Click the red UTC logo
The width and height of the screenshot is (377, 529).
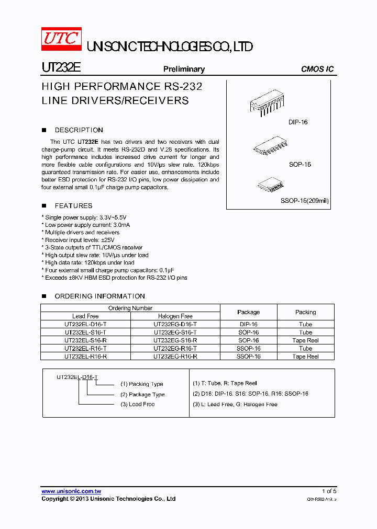click(61, 39)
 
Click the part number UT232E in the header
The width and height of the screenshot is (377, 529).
click(61, 68)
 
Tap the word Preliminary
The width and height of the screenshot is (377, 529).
click(184, 69)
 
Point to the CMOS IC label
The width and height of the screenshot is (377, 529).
click(317, 69)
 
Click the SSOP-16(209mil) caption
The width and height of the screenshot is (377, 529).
click(305, 201)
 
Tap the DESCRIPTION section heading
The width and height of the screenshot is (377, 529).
click(79, 130)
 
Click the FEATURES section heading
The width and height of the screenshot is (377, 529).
click(73, 206)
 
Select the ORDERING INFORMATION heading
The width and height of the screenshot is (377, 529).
click(99, 296)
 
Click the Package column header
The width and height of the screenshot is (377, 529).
click(248, 312)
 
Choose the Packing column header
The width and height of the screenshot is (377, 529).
click(305, 312)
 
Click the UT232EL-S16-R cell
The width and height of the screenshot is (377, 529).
click(85, 340)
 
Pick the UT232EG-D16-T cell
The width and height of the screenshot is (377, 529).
click(175, 324)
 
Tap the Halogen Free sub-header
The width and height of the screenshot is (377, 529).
click(175, 316)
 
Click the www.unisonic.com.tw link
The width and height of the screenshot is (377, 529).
click(71, 491)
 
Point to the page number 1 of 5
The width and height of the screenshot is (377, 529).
click(329, 491)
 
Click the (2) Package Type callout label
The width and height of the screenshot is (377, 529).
click(142, 395)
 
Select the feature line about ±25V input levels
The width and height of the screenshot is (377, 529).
click(80, 240)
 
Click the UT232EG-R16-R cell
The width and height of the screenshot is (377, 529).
click(175, 356)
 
